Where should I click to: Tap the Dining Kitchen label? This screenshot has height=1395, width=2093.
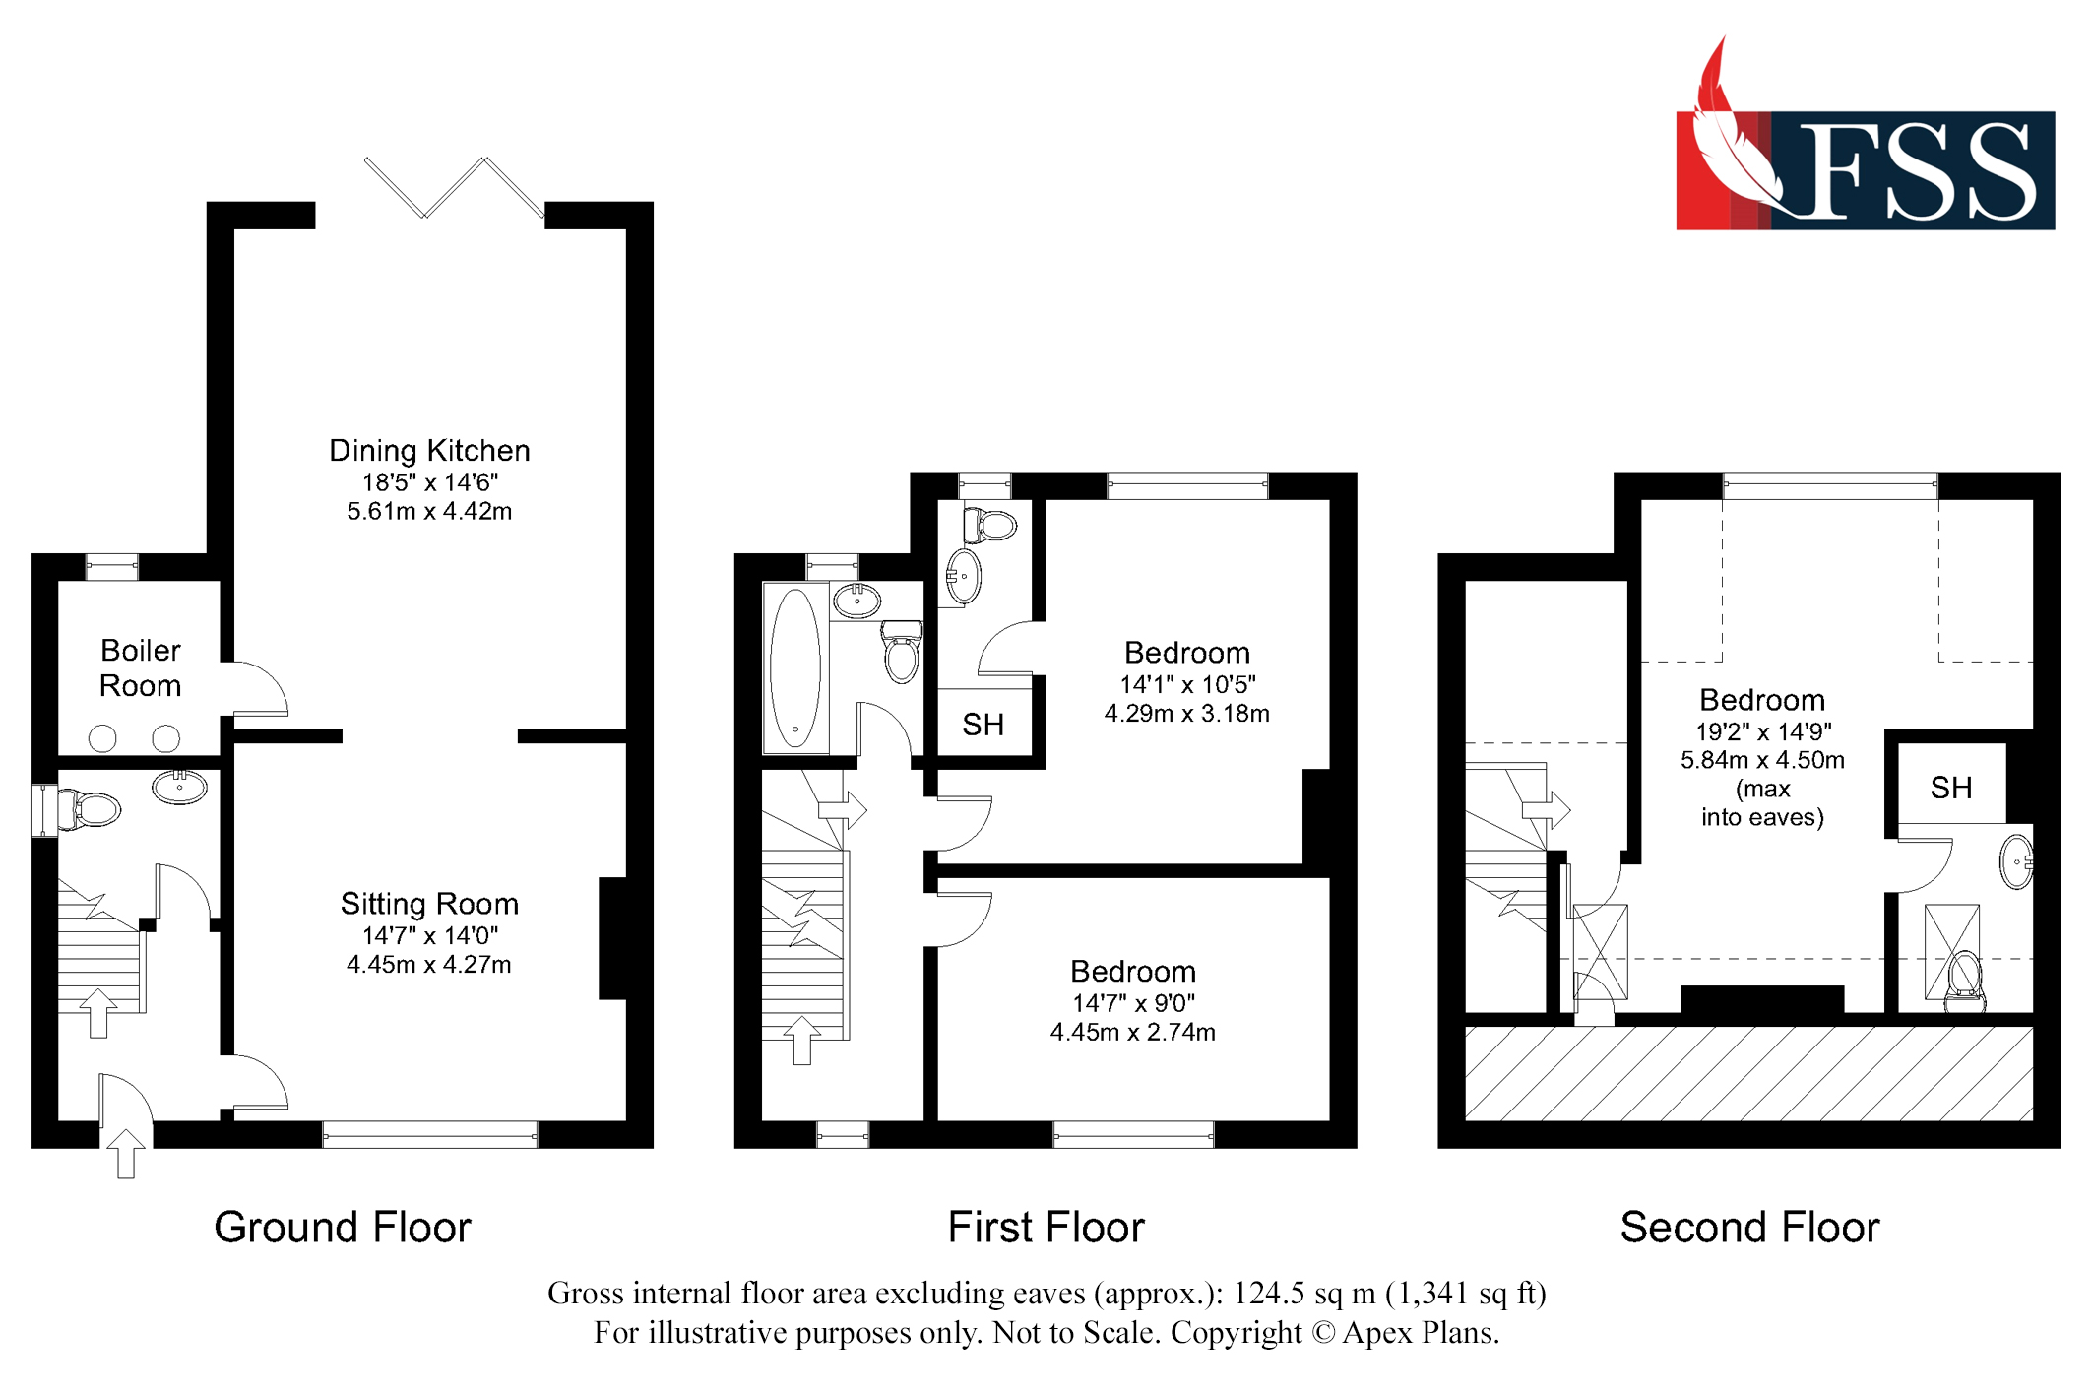point(429,451)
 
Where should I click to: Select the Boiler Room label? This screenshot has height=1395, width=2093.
point(140,667)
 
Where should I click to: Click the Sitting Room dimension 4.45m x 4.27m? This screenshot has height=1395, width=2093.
point(428,965)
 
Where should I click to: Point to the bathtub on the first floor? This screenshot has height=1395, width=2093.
point(794,667)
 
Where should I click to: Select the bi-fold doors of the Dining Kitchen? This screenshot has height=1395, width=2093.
point(453,186)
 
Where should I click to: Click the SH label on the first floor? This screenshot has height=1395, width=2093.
point(983,725)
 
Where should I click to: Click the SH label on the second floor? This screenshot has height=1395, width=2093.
point(1950,788)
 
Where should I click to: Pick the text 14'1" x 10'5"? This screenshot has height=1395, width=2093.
point(1186,684)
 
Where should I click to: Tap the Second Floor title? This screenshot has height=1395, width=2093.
point(1749,1228)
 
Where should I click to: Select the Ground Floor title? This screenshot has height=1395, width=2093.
point(343,1228)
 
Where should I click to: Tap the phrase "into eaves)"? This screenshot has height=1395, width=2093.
point(1761,817)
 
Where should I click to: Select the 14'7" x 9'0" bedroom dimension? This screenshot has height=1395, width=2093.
point(1132,1003)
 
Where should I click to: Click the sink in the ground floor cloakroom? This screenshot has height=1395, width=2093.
point(179,787)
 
